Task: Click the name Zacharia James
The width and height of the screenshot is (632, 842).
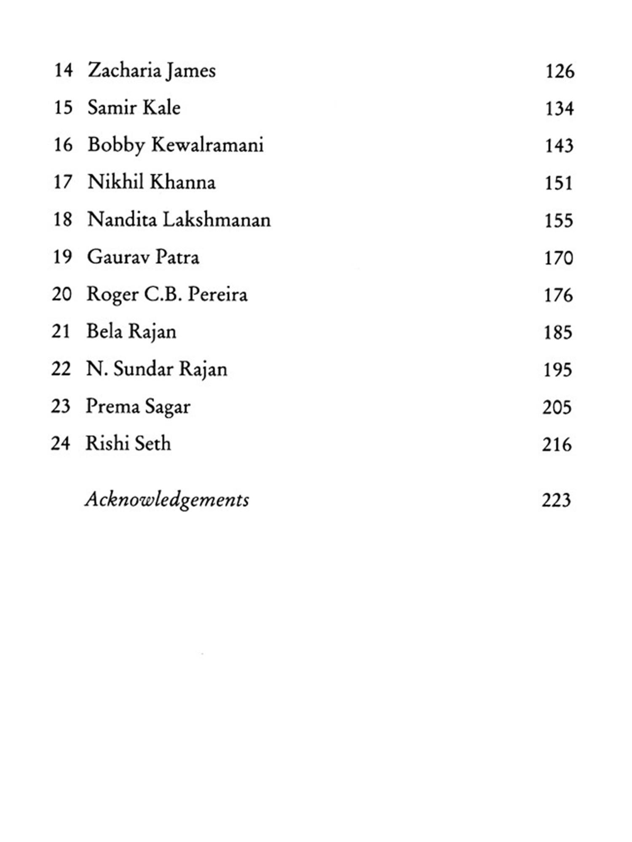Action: pyautogui.click(x=152, y=71)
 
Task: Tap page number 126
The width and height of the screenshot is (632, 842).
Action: pyautogui.click(x=560, y=71)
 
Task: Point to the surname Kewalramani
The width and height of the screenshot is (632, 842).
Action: pyautogui.click(x=207, y=145)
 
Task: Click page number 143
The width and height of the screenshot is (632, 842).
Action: pyautogui.click(x=559, y=146)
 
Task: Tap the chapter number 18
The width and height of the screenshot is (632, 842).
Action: pyautogui.click(x=63, y=220)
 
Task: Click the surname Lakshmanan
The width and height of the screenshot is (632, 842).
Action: pyautogui.click(x=217, y=220)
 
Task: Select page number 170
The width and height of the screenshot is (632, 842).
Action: pyautogui.click(x=558, y=258)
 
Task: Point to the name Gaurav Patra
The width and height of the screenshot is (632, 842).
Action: pyautogui.click(x=143, y=257)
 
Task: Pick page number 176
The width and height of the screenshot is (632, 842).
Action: pyautogui.click(x=558, y=295)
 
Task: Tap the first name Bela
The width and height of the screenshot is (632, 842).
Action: pyautogui.click(x=104, y=331)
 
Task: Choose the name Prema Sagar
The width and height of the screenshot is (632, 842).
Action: pyautogui.click(x=138, y=407)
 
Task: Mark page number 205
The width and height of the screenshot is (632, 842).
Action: pyautogui.click(x=557, y=407)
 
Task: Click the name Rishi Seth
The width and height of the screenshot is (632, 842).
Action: pyautogui.click(x=128, y=444)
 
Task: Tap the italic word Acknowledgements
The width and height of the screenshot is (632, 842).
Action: pyautogui.click(x=167, y=500)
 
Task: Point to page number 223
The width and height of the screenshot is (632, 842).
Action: pyautogui.click(x=556, y=500)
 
